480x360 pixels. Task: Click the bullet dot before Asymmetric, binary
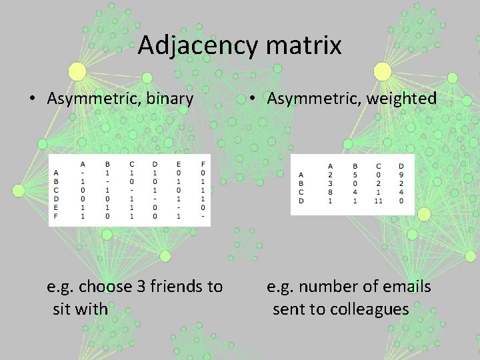click(33, 100)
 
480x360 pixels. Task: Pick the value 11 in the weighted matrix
click(379, 201)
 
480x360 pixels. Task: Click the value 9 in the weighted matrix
click(401, 175)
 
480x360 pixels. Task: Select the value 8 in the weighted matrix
click(330, 192)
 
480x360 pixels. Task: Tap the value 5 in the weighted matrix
click(355, 175)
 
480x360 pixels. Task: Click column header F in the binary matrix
click(202, 164)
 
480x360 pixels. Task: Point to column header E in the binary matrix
click(178, 164)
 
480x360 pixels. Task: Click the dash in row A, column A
click(83, 173)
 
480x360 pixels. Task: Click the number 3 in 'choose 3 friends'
click(141, 287)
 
